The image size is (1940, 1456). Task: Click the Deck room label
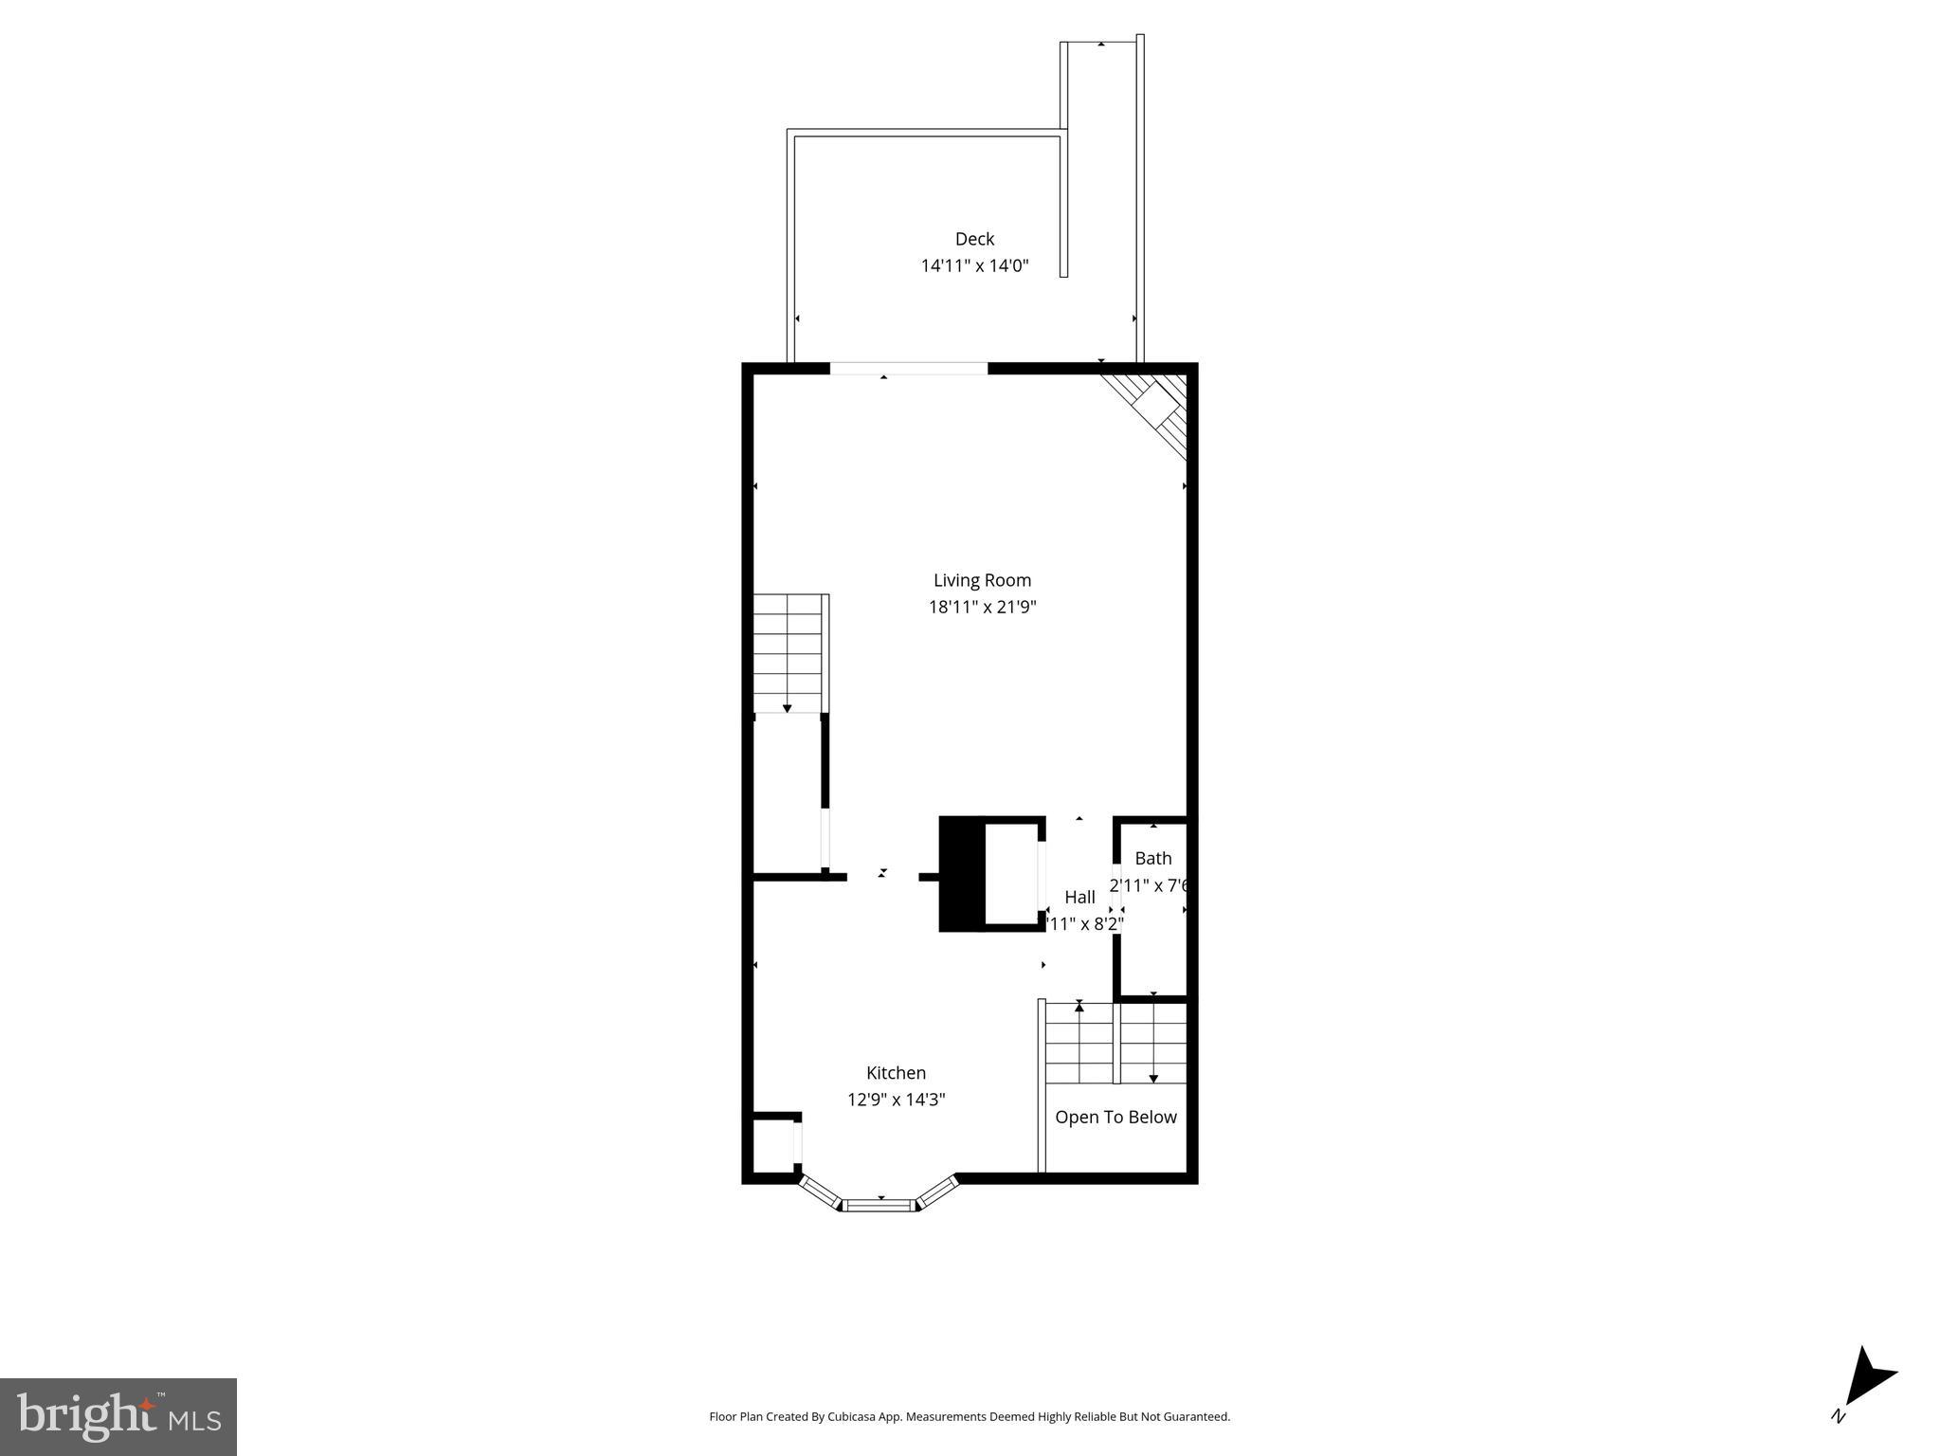(974, 239)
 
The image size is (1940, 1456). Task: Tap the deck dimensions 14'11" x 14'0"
(974, 266)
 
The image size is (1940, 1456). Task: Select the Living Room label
(982, 580)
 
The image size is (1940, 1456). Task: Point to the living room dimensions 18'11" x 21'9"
(982, 607)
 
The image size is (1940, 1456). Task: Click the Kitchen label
(896, 1073)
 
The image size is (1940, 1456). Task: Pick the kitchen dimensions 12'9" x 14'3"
(896, 1100)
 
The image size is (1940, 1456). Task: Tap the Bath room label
(1152, 858)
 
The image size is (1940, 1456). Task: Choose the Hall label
(1079, 897)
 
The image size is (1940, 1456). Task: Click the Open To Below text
(1115, 1118)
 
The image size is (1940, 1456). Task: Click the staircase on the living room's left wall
(788, 653)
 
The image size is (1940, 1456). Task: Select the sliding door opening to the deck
(909, 369)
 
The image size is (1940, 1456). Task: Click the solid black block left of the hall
(961, 873)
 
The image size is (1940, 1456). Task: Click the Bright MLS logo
(118, 1416)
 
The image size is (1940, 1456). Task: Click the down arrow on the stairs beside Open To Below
(1153, 1077)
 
